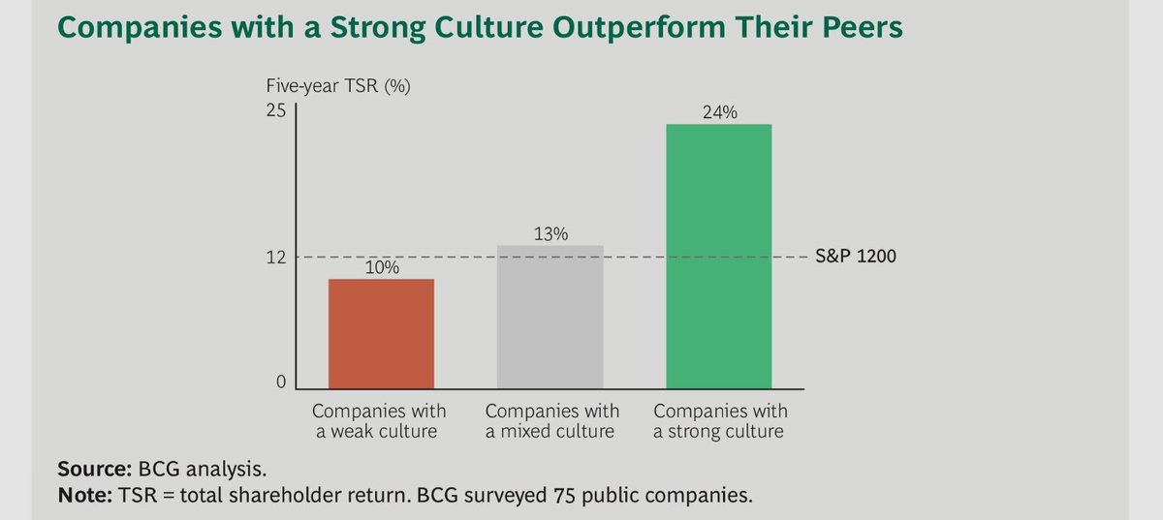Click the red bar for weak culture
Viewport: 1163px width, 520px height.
coord(381,334)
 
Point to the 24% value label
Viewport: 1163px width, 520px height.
coord(718,112)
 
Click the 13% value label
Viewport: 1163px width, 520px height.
coord(550,233)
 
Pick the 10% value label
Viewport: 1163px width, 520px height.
coord(382,267)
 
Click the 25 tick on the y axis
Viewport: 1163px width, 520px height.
coord(276,110)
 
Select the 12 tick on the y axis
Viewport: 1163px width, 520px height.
coord(276,258)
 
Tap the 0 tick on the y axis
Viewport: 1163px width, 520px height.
coord(281,383)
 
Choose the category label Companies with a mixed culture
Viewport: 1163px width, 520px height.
coord(550,420)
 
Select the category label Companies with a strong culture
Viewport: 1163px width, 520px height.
coord(718,420)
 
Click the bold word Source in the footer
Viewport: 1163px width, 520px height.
coord(90,470)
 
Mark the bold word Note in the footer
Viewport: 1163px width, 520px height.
coord(81,495)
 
